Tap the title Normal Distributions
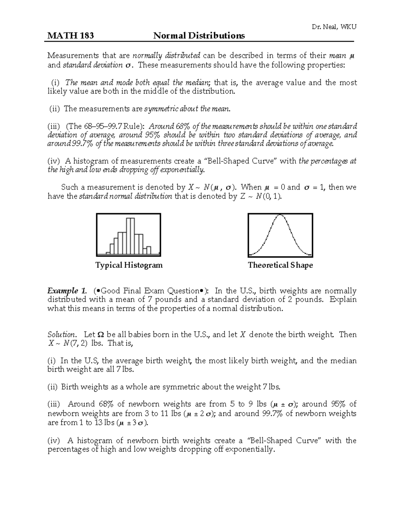pos(199,36)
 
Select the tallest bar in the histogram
pos(130,236)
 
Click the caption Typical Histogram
pos(129,265)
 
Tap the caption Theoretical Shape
pos(280,265)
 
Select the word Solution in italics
pos(62,334)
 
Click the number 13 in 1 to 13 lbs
pos(98,423)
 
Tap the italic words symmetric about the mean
pos(187,108)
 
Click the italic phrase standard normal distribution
pos(125,196)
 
